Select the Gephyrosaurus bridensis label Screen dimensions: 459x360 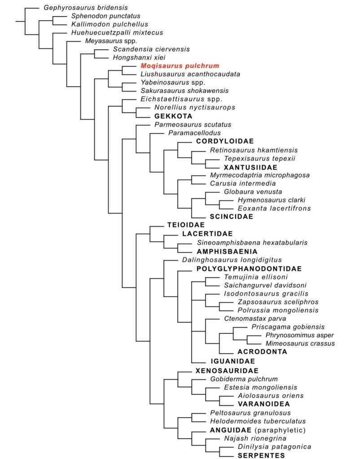pyautogui.click(x=86, y=8)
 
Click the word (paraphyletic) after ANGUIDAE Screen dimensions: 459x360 pyautogui.click(x=278, y=430)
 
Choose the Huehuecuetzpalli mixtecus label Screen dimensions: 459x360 pyautogui.click(x=117, y=33)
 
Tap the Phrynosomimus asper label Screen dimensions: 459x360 pyautogui.click(x=299, y=336)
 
